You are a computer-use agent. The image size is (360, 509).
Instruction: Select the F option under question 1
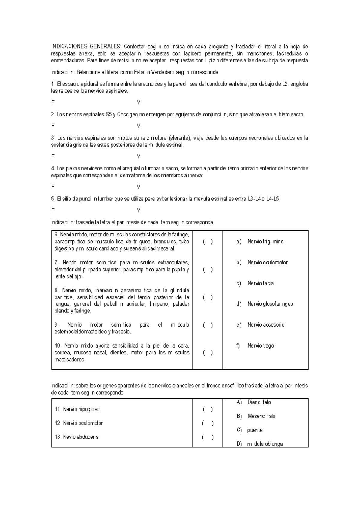pos(53,103)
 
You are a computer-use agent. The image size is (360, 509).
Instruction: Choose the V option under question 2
pos(139,126)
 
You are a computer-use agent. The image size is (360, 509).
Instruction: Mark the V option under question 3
pos(139,157)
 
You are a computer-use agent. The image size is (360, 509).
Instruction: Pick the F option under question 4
pos(53,187)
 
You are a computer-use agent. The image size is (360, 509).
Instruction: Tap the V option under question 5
pos(139,211)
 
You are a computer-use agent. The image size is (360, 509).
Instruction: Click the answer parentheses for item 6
pos(208,242)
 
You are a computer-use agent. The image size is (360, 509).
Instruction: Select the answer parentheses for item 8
pos(208,297)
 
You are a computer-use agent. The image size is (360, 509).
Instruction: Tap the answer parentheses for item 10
pos(208,353)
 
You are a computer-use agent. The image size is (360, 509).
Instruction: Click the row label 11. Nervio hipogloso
pos(77,409)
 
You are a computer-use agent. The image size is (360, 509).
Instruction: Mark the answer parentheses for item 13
pos(208,437)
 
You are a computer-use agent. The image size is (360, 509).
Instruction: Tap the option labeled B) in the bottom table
pos(239,416)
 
